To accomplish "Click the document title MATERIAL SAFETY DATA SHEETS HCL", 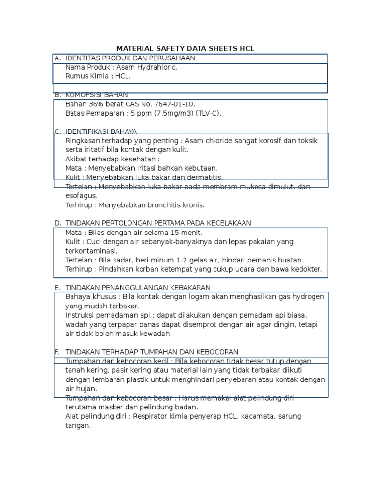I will click(x=185, y=49).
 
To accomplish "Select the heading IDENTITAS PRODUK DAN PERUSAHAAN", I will click(x=123, y=58).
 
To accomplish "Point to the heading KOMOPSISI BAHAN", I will click(x=96, y=95).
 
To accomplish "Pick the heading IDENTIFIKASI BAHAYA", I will click(x=101, y=131).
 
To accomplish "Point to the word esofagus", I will click(x=81, y=196).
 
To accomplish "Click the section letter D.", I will click(x=57, y=223).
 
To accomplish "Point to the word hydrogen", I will click(x=308, y=297).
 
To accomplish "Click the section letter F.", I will click(x=57, y=351).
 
